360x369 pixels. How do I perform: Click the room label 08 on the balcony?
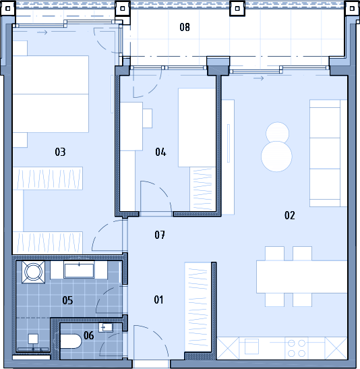tap(185, 27)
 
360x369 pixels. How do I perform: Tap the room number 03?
tap(60, 152)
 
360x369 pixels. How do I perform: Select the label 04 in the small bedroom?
tap(160, 152)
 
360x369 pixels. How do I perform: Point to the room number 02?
tap(289, 215)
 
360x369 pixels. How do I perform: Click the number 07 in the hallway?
tap(160, 235)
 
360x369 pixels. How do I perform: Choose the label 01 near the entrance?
tap(158, 300)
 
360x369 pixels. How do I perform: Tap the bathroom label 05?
tap(67, 300)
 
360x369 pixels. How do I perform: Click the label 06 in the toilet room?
tap(88, 335)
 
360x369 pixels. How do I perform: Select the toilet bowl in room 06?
tap(71, 341)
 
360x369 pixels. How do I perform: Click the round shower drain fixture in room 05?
tap(33, 272)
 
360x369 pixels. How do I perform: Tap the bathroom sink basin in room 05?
tap(79, 271)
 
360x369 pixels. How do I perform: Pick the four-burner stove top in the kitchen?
tap(296, 348)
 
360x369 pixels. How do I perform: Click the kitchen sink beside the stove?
tap(251, 347)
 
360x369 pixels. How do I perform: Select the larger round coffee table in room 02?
tap(276, 157)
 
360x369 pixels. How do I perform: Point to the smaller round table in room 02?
tap(278, 133)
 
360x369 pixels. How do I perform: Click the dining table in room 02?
tap(301, 277)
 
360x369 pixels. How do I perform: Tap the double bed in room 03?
tap(51, 94)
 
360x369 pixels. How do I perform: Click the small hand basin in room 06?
tap(106, 327)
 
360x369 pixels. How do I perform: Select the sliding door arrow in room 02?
tap(259, 78)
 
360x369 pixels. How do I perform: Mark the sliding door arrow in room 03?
tap(42, 32)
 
